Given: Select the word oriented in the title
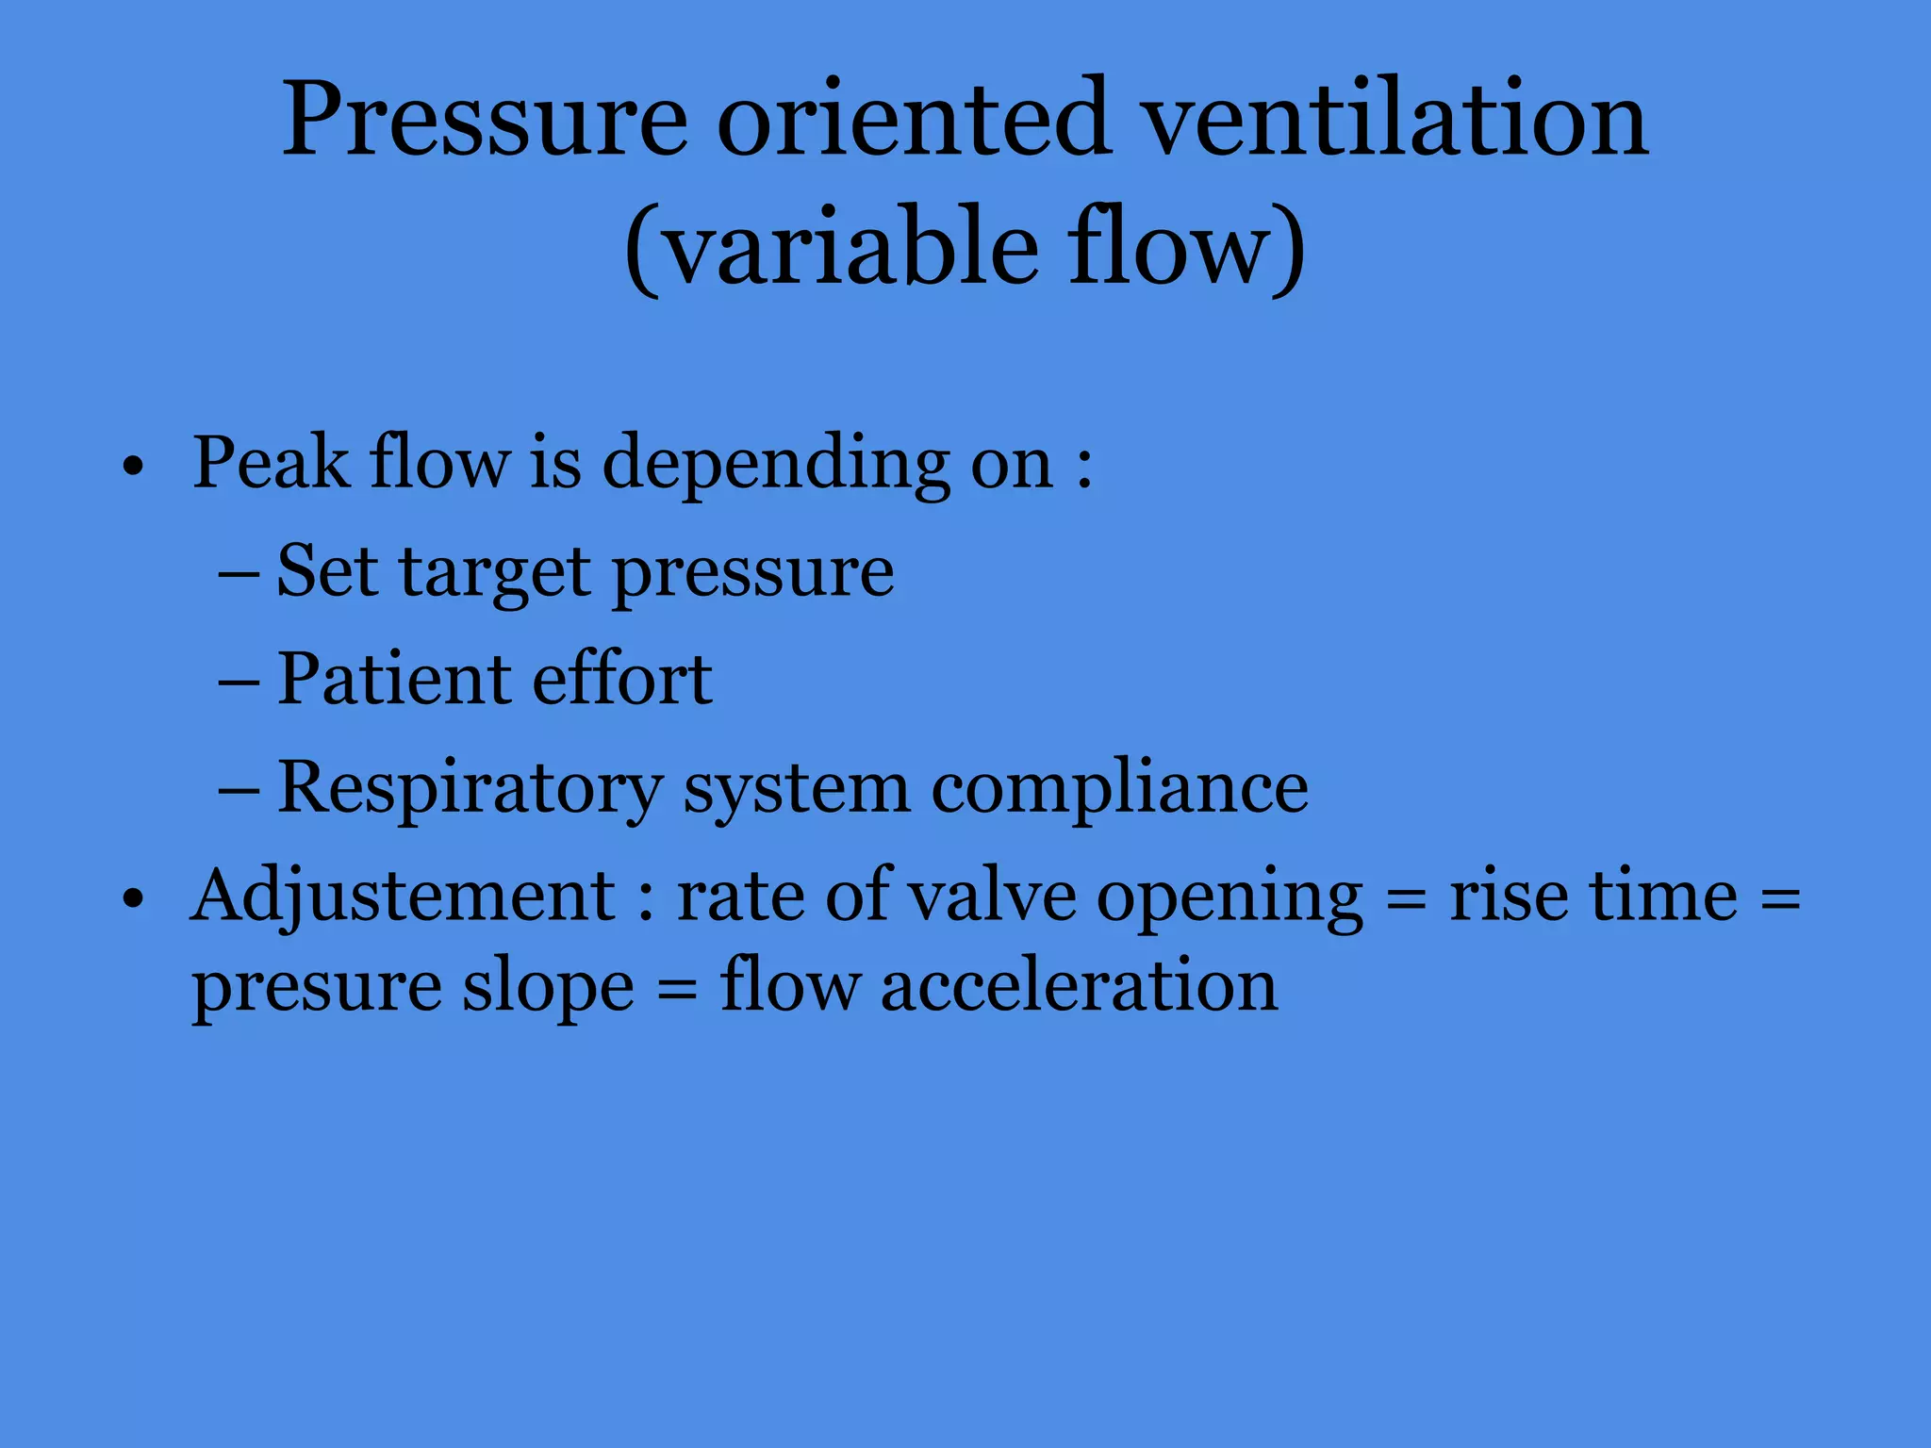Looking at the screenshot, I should pyautogui.click(x=912, y=121).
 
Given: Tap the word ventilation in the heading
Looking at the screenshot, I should pyautogui.click(x=1397, y=121).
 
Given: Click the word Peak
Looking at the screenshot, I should pyautogui.click(x=271, y=464).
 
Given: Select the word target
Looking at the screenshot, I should pyautogui.click(x=495, y=574).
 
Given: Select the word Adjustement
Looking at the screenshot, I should pyautogui.click(x=403, y=897).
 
